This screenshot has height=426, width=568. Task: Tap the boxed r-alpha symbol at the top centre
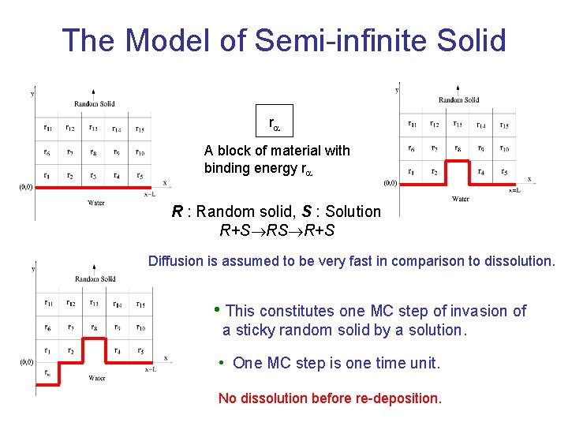pyautogui.click(x=275, y=123)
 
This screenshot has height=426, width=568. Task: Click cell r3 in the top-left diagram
pyautogui.click(x=93, y=176)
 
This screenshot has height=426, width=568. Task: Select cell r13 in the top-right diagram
pyautogui.click(x=457, y=125)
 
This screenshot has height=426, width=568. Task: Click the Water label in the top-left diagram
pyautogui.click(x=95, y=203)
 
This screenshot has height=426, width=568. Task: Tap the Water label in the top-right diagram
pyautogui.click(x=460, y=199)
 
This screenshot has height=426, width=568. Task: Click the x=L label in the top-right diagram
pyautogui.click(x=514, y=190)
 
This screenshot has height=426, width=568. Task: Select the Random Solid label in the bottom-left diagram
pyautogui.click(x=95, y=278)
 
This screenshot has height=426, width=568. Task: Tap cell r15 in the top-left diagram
pyautogui.click(x=140, y=129)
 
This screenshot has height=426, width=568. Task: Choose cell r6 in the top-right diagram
pyautogui.click(x=411, y=148)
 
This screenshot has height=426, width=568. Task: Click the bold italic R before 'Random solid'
pyautogui.click(x=177, y=211)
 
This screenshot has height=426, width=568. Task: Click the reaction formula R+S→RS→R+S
pyautogui.click(x=275, y=231)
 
